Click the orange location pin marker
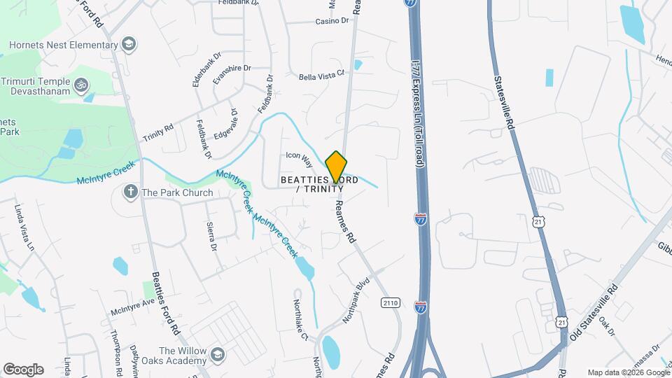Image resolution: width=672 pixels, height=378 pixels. tap(337, 167)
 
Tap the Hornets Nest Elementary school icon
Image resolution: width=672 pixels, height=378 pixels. tap(128, 45)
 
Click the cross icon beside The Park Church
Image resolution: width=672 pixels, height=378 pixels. tap(130, 192)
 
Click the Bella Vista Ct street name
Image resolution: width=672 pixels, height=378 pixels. tap(323, 74)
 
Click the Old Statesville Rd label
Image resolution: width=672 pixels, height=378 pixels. tap(594, 312)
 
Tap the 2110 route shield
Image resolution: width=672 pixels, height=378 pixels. tap(391, 302)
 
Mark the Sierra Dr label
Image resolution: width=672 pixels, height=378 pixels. tap(211, 237)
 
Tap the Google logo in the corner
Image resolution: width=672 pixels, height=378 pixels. tap(23, 369)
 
